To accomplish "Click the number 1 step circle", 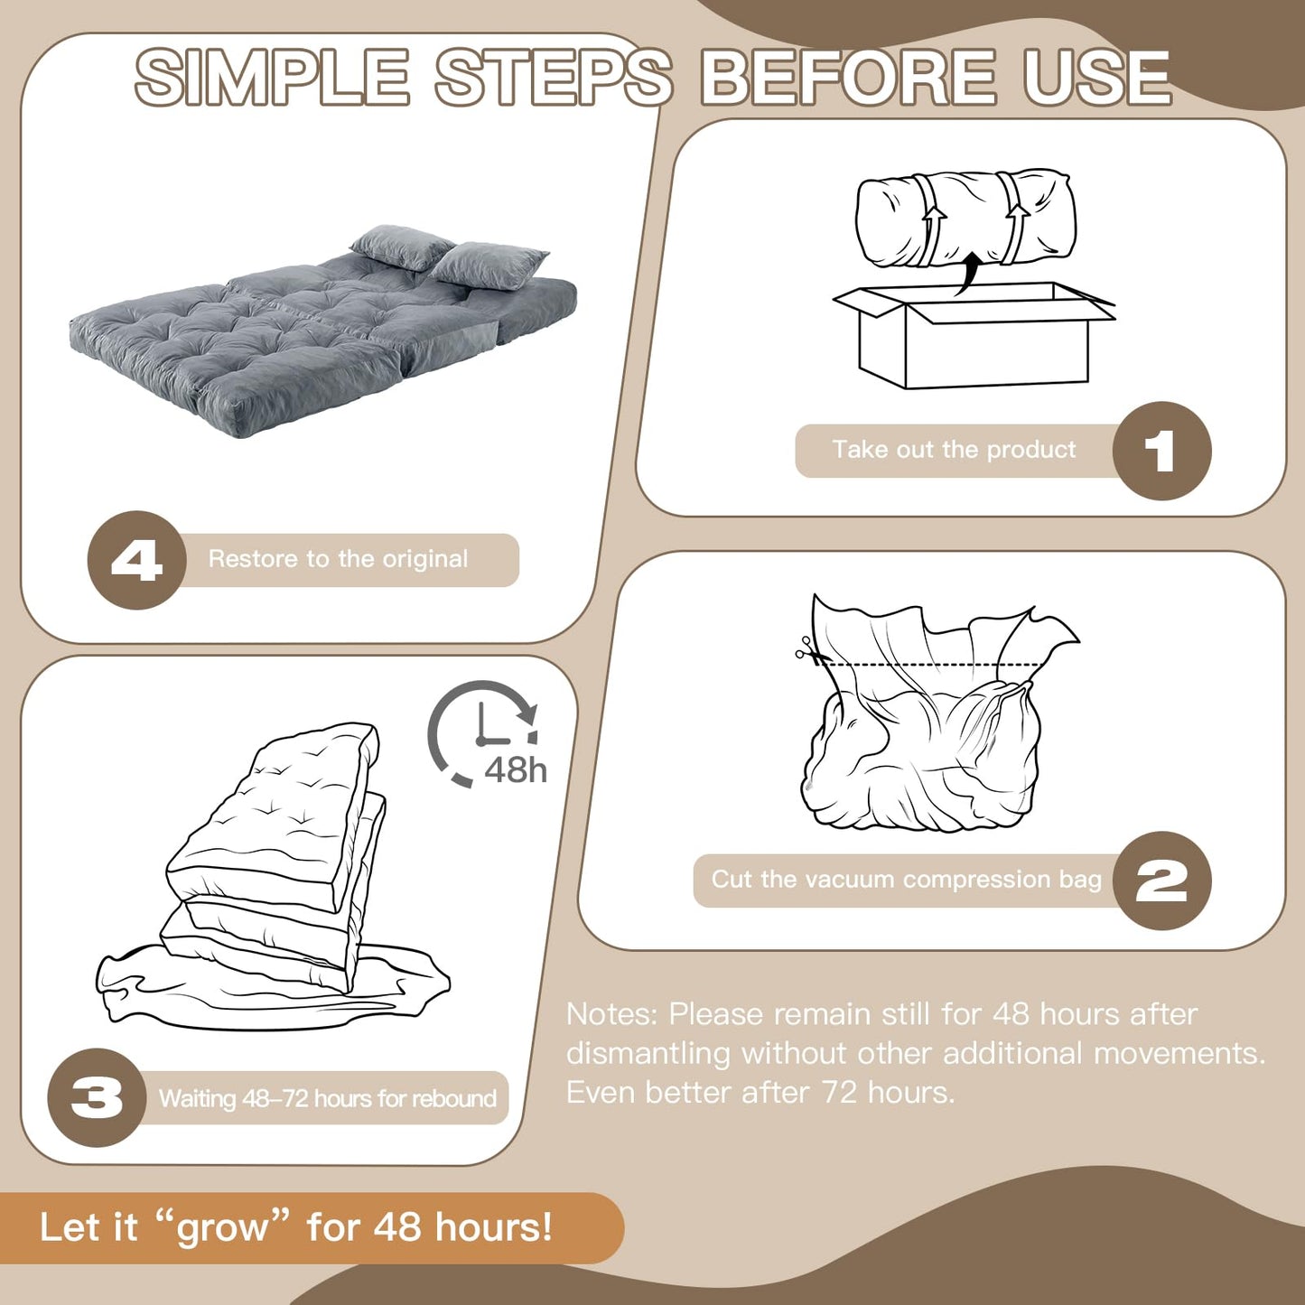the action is pyautogui.click(x=1161, y=451).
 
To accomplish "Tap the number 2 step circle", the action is pyautogui.click(x=1161, y=881).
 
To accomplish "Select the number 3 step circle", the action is pyautogui.click(x=97, y=1098).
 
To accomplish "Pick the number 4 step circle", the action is pyautogui.click(x=136, y=560).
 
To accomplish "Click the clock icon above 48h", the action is pyautogui.click(x=482, y=732).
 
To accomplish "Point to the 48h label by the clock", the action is pyautogui.click(x=516, y=770).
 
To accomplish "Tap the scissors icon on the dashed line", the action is pyautogui.click(x=806, y=648).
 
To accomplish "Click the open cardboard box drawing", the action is pyautogui.click(x=974, y=335).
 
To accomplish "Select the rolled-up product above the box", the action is pyautogui.click(x=965, y=218).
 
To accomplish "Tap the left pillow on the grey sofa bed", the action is pyautogui.click(x=402, y=247).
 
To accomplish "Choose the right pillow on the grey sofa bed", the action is pyautogui.click(x=489, y=266).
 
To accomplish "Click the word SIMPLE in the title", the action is pyautogui.click(x=272, y=78).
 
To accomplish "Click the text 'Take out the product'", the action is pyautogui.click(x=954, y=450).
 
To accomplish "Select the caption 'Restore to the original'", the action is pyautogui.click(x=338, y=559).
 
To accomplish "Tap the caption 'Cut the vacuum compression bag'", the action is pyautogui.click(x=906, y=880).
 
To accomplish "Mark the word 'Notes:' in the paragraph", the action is pyautogui.click(x=611, y=1014).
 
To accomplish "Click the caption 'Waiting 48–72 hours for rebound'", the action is pyautogui.click(x=328, y=1098).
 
